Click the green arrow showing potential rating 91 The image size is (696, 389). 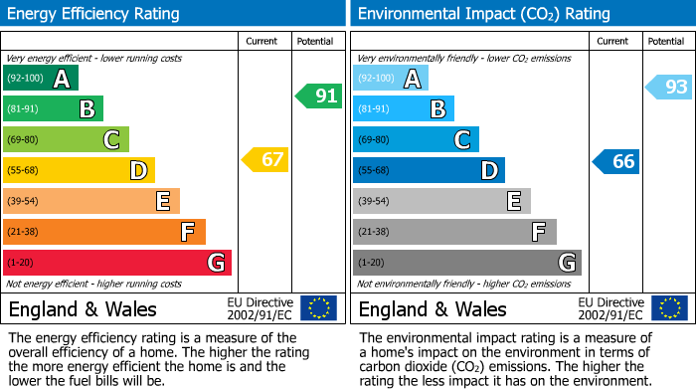tap(318, 97)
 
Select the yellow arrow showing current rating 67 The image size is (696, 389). tap(265, 159)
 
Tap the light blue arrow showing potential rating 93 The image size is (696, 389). tap(669, 88)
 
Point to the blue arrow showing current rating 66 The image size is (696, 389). tap(616, 161)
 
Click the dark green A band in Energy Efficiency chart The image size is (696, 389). tap(41, 78)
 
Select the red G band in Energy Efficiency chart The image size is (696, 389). tap(117, 263)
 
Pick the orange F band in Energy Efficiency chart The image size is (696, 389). tap(104, 232)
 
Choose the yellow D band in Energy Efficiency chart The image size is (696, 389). tap(79, 170)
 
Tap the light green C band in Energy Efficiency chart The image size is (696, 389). tap(66, 139)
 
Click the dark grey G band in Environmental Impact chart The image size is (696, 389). tap(466, 263)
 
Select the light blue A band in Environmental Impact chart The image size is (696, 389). tap(391, 78)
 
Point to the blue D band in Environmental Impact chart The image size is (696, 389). tap(429, 170)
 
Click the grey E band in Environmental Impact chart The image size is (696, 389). tap(441, 201)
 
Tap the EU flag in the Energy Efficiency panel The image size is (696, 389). tap(318, 307)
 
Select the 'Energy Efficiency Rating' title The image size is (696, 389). tap(94, 14)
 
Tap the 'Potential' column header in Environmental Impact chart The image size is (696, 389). tap(665, 41)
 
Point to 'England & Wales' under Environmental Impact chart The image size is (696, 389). tap(433, 308)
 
